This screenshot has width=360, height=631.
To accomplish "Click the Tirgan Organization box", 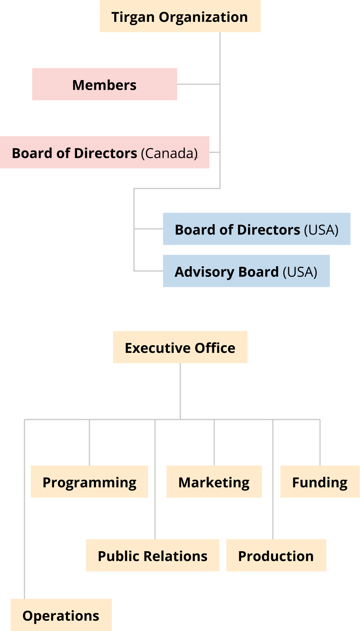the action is click(x=180, y=16).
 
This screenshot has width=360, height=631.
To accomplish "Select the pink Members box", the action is click(x=105, y=84).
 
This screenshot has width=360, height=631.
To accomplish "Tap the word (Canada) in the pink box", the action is click(x=169, y=154).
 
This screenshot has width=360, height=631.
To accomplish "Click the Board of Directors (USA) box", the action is click(x=256, y=229).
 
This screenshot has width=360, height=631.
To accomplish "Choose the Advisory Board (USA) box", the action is click(x=246, y=271).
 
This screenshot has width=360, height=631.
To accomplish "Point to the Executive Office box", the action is click(x=180, y=347).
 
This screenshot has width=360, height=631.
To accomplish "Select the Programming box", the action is click(x=89, y=482).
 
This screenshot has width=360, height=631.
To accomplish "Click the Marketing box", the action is click(x=214, y=482).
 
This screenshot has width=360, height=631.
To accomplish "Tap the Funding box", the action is click(x=320, y=482).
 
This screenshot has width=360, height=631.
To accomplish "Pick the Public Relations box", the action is click(x=153, y=556).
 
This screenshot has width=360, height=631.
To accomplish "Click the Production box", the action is click(x=276, y=556).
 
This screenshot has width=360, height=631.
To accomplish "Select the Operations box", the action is click(x=61, y=615).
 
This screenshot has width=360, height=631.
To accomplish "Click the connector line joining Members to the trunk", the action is click(x=199, y=84).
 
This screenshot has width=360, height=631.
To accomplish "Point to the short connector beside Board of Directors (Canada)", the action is click(x=215, y=152).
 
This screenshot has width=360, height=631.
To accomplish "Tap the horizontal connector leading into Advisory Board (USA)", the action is click(x=149, y=271).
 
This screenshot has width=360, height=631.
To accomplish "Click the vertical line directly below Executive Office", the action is click(x=180, y=391).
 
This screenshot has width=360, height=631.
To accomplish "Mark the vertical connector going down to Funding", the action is click(x=320, y=443).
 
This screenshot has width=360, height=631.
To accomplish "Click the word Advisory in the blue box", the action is click(x=205, y=272).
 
